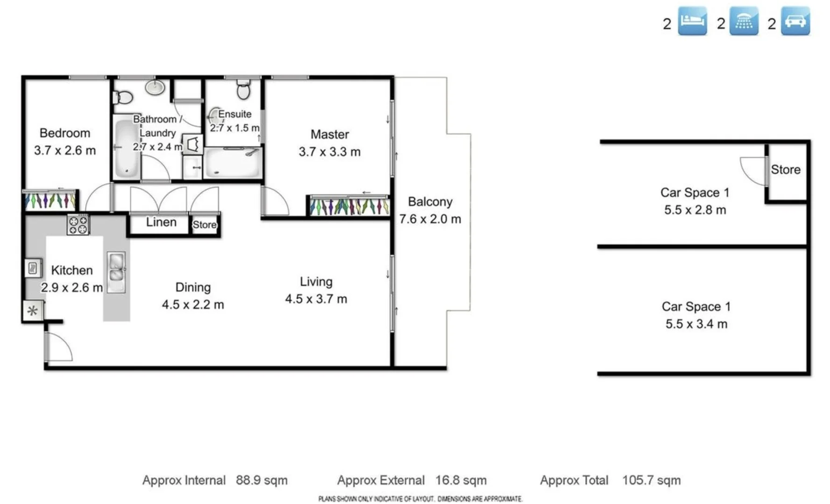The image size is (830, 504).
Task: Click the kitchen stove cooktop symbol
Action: tap(78, 224)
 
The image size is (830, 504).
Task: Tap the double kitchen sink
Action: tap(116, 272)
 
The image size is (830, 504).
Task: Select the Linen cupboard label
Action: tap(161, 222)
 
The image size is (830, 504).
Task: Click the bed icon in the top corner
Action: tap(692, 21)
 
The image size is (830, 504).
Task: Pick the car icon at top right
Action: tap(795, 21)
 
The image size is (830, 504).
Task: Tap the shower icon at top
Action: tap(744, 21)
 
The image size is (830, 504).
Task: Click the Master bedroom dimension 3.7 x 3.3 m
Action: tap(330, 152)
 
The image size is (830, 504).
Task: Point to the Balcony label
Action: tap(430, 202)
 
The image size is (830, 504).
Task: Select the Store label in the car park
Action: tap(785, 170)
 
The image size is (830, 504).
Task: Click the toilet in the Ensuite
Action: tap(243, 89)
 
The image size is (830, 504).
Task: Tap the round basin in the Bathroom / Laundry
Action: tap(155, 87)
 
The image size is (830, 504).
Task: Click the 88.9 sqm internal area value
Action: tap(261, 480)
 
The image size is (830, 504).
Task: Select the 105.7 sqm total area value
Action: tap(651, 480)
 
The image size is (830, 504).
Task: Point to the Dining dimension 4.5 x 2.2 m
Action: tap(193, 305)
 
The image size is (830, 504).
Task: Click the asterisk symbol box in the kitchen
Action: tap(32, 311)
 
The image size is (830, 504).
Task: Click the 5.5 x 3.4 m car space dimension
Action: tap(696, 324)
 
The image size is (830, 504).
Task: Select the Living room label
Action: tap(316, 281)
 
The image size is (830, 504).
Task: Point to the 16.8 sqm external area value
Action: tap(461, 480)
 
